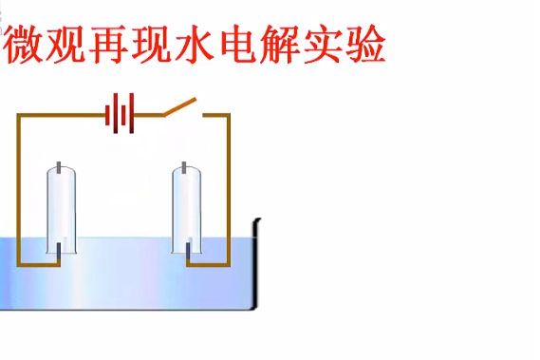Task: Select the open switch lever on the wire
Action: [x=180, y=106]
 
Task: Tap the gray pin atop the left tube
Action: [x=61, y=168]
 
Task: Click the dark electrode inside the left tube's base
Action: [x=59, y=253]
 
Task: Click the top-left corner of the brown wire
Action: [x=18, y=116]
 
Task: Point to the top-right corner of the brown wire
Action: [x=228, y=116]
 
